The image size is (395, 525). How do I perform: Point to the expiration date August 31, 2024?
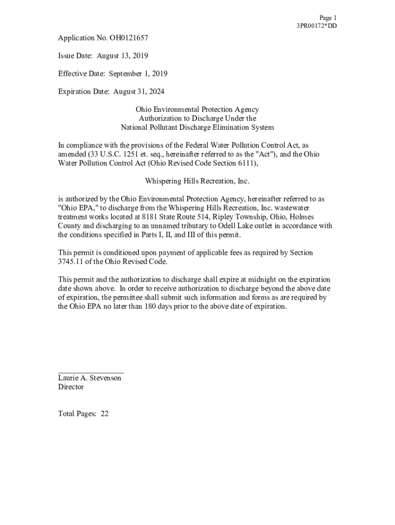[x=139, y=92]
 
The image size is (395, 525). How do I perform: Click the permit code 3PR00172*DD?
[x=317, y=26]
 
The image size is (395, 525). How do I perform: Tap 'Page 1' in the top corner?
[x=328, y=17]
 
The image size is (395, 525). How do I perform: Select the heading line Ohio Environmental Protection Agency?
[x=197, y=110]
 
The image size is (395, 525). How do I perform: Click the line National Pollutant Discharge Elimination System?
[x=197, y=128]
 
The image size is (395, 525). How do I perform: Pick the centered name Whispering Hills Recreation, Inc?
[x=197, y=181]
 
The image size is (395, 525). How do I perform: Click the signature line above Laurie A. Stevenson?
[x=91, y=373]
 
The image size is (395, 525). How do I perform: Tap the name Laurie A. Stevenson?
[x=90, y=378]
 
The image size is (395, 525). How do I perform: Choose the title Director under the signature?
[x=71, y=387]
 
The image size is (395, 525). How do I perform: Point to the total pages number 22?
[x=105, y=414]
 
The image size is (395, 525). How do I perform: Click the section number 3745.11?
[x=70, y=262]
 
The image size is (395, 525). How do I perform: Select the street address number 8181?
[x=150, y=217]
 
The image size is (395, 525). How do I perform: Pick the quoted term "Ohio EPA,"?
[x=76, y=208]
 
